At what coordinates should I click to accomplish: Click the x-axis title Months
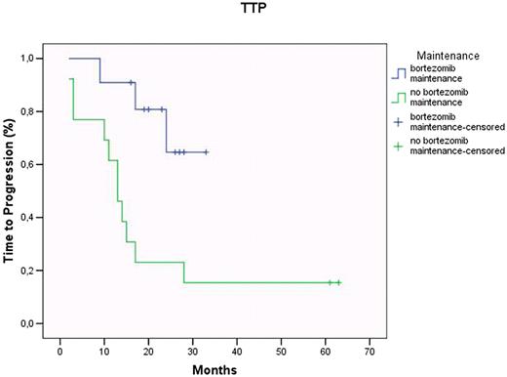(x=214, y=369)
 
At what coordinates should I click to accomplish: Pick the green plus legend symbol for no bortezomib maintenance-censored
(x=397, y=148)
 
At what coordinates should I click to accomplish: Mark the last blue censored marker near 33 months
(x=206, y=152)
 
